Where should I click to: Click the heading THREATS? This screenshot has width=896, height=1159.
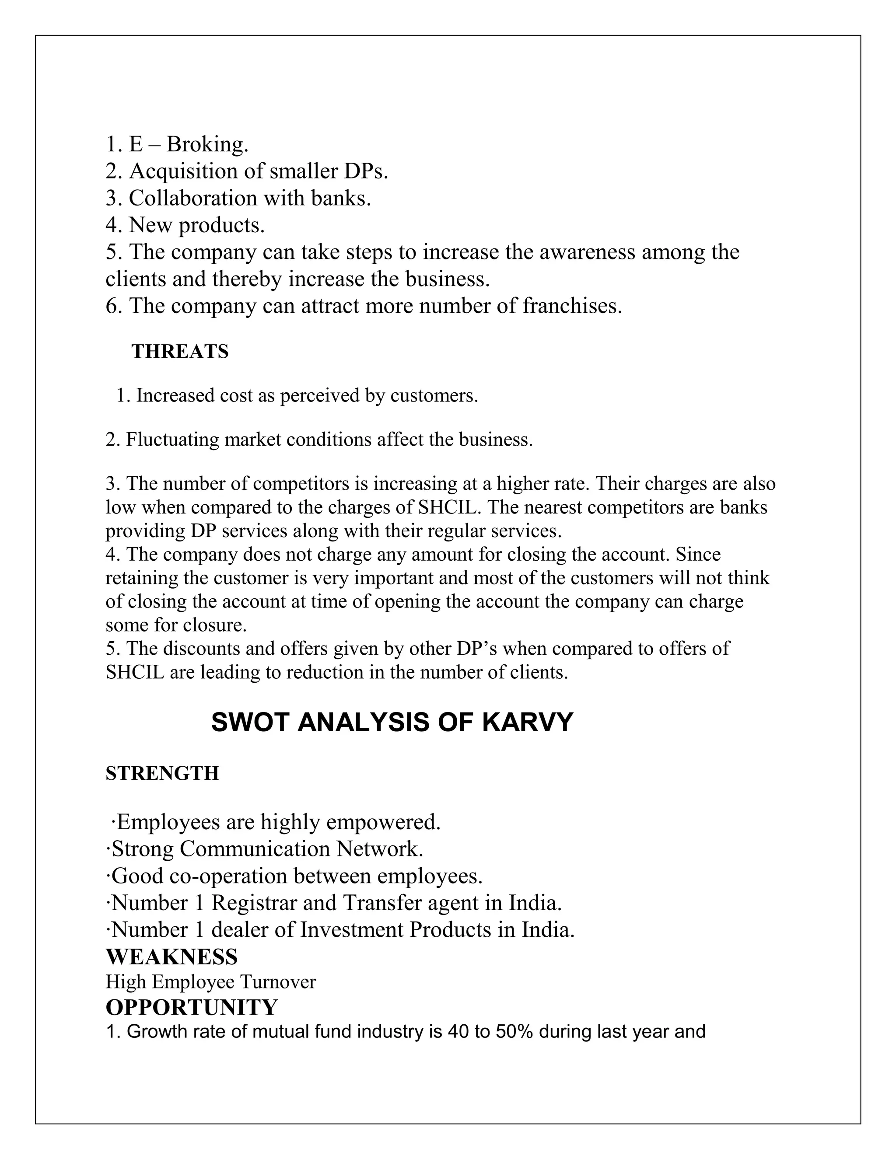coord(180,352)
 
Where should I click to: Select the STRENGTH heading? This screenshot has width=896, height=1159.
coord(162,774)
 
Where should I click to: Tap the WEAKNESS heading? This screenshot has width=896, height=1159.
coord(171,957)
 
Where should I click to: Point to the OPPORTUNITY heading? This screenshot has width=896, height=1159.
coord(192,1007)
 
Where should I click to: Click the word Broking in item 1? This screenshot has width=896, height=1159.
coord(207,144)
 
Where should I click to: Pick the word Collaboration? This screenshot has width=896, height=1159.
coord(192,199)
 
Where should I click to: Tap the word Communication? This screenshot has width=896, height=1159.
coord(254,849)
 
